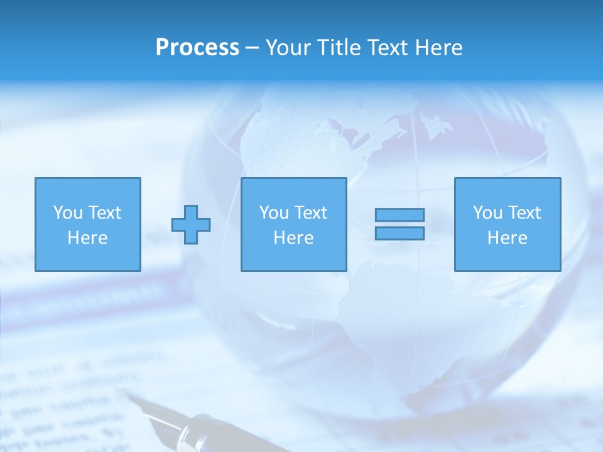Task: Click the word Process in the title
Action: click(197, 48)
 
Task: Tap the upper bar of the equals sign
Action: click(399, 215)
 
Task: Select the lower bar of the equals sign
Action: click(399, 233)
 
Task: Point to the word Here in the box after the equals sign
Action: click(508, 238)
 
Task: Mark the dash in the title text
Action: click(252, 48)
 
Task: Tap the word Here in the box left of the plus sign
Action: click(87, 238)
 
